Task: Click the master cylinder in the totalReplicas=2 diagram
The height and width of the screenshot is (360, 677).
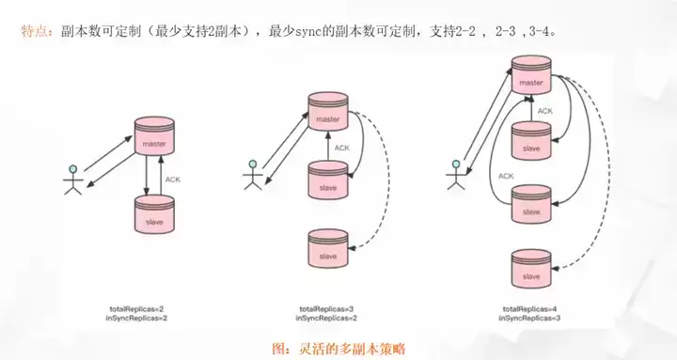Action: [154, 136]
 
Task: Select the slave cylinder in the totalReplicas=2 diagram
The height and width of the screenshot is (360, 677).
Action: [154, 214]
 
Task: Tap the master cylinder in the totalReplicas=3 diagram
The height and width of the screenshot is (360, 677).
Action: [328, 111]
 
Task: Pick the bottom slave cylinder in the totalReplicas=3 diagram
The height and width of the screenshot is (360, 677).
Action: [328, 249]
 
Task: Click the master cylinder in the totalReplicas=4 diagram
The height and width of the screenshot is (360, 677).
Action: [531, 74]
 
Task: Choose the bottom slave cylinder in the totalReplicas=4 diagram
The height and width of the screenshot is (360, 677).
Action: [531, 269]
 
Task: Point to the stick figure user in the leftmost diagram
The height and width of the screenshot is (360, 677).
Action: [73, 180]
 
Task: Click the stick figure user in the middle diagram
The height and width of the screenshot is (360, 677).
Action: [253, 175]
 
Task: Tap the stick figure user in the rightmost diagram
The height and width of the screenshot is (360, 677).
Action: [455, 175]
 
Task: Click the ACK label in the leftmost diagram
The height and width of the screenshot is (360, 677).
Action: [173, 180]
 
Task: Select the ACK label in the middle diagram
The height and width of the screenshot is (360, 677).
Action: [342, 149]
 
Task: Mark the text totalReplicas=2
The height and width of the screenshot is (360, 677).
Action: [136, 309]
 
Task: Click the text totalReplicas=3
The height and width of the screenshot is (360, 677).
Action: [326, 309]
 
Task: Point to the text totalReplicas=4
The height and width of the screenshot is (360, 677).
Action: [529, 309]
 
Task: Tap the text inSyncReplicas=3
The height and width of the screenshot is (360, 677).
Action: [529, 318]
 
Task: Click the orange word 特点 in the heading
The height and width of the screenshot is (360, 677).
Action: [34, 32]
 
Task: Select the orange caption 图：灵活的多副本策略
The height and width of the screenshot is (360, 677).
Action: [339, 349]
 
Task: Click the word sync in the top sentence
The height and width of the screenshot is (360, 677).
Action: [308, 32]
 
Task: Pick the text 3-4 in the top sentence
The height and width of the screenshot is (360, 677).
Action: [540, 32]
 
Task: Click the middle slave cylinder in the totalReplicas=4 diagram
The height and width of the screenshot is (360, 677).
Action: [531, 204]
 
